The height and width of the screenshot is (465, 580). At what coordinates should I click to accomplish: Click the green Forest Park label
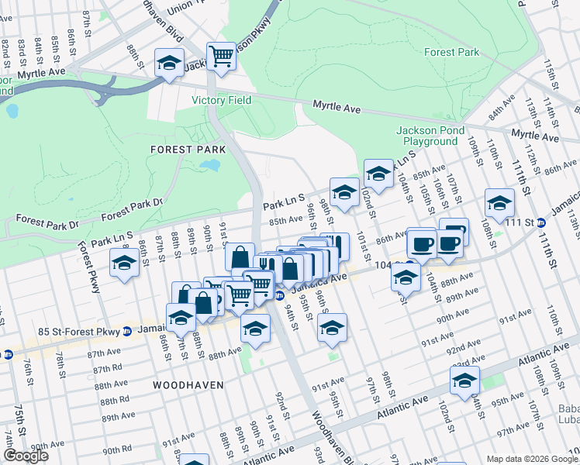pyautogui.click(x=451, y=53)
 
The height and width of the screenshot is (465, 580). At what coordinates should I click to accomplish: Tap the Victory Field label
pyautogui.click(x=221, y=101)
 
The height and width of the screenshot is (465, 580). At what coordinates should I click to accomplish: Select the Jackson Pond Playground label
pyautogui.click(x=427, y=136)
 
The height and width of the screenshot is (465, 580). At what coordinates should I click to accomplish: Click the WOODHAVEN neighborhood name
pyautogui.click(x=188, y=384)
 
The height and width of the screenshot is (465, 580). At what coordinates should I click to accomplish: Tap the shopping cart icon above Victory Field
pyautogui.click(x=222, y=56)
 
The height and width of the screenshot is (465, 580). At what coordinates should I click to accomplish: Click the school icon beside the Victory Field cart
pyautogui.click(x=169, y=63)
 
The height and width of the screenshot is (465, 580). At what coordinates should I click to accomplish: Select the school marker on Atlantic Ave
pyautogui.click(x=464, y=381)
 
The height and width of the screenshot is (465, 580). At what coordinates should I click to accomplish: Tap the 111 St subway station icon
pyautogui.click(x=541, y=223)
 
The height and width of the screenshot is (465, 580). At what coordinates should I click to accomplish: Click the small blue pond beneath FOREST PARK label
pyautogui.click(x=209, y=165)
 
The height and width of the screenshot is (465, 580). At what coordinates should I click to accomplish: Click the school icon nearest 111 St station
pyautogui.click(x=499, y=203)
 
